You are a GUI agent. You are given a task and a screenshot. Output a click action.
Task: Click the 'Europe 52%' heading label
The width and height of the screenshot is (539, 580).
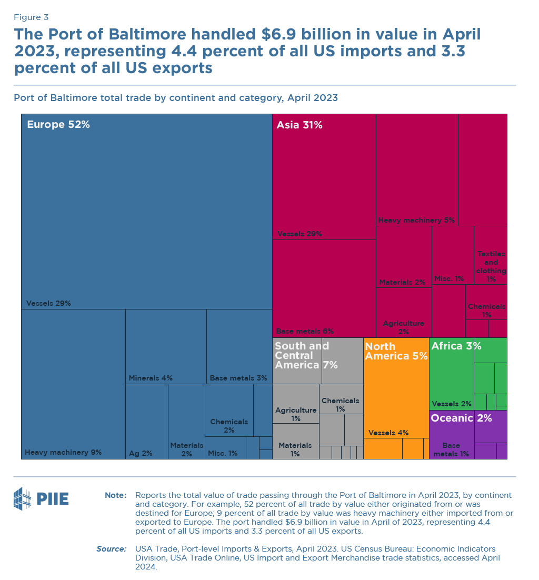pyautogui.click(x=58, y=125)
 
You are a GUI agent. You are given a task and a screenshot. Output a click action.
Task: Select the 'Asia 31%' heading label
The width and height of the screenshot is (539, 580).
pyautogui.click(x=300, y=125)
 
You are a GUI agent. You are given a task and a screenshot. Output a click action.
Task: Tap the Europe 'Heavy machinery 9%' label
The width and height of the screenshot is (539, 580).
pyautogui.click(x=63, y=452)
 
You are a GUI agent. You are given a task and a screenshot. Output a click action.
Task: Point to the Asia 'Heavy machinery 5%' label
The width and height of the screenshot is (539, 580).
pyautogui.click(x=416, y=220)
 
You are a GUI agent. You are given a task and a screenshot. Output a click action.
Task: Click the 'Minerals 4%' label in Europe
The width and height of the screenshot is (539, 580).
pyautogui.click(x=151, y=378)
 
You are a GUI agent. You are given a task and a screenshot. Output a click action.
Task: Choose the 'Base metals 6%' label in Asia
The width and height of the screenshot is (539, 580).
pyautogui.click(x=305, y=331)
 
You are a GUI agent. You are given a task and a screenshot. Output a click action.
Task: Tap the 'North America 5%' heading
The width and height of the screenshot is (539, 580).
pyautogui.click(x=396, y=351)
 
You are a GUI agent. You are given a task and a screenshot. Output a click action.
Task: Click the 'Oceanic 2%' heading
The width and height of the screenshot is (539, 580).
pyautogui.click(x=461, y=418)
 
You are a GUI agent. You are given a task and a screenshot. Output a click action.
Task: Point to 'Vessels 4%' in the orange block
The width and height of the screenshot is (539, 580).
pyautogui.click(x=388, y=433)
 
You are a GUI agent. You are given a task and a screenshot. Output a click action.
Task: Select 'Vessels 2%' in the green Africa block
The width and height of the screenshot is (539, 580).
pyautogui.click(x=451, y=404)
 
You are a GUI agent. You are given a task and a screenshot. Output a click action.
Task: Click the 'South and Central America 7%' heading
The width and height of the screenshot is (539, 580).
pyautogui.click(x=306, y=355)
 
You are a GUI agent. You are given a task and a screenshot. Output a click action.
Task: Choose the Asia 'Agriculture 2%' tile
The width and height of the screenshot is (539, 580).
pyautogui.click(x=403, y=327)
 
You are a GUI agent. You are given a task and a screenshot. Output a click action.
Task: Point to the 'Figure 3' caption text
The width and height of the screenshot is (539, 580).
pyautogui.click(x=31, y=17)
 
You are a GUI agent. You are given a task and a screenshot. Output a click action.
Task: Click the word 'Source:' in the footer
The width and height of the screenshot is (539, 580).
pyautogui.click(x=111, y=549)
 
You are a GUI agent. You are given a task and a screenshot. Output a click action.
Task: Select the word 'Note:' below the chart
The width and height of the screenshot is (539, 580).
pyautogui.click(x=115, y=495)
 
